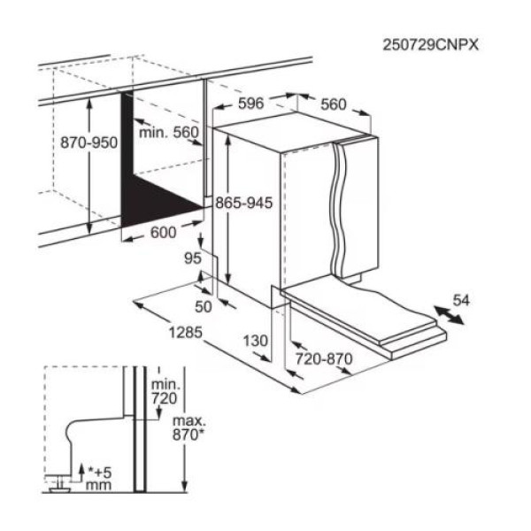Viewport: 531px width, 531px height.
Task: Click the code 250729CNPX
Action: click(430, 45)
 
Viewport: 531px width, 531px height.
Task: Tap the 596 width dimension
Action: click(251, 104)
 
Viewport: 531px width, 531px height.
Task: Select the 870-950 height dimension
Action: click(89, 142)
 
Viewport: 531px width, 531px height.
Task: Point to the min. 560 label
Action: click(169, 132)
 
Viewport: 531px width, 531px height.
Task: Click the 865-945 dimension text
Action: click(244, 203)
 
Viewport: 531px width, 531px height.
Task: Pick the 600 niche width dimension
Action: click(163, 233)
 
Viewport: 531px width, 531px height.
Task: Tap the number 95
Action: click(193, 258)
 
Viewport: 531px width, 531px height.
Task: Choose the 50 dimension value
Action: click(204, 307)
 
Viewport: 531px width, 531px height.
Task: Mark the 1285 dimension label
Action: click(186, 333)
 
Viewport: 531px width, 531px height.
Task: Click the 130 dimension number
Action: click(256, 341)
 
